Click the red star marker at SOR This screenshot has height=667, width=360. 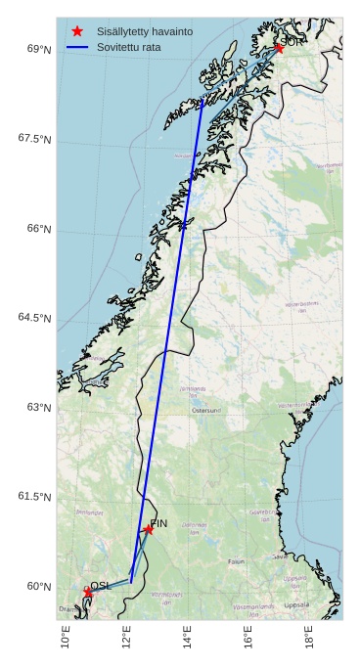pyautogui.click(x=278, y=48)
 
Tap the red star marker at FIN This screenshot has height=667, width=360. pyautogui.click(x=148, y=530)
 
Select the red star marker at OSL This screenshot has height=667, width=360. pyautogui.click(x=88, y=593)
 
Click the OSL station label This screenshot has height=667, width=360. pyautogui.click(x=100, y=585)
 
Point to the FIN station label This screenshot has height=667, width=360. pyautogui.click(x=158, y=524)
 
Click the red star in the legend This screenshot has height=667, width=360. pyautogui.click(x=77, y=31)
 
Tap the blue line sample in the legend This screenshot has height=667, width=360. pyautogui.click(x=77, y=47)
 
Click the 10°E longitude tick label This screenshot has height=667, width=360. pyautogui.click(x=66, y=636)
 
